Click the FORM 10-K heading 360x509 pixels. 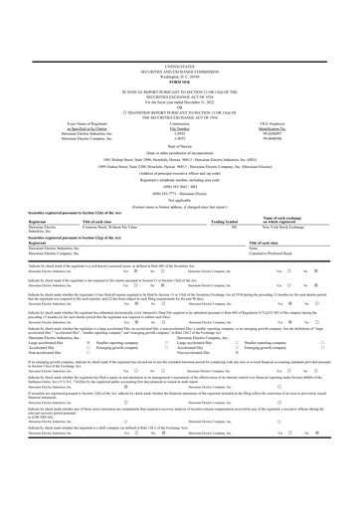[x=179, y=26]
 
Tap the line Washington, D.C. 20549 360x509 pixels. [x=179, y=20]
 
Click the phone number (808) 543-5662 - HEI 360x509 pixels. [x=179, y=145]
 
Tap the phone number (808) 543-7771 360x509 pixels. [x=179, y=152]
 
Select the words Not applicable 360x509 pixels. [x=179, y=160]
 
